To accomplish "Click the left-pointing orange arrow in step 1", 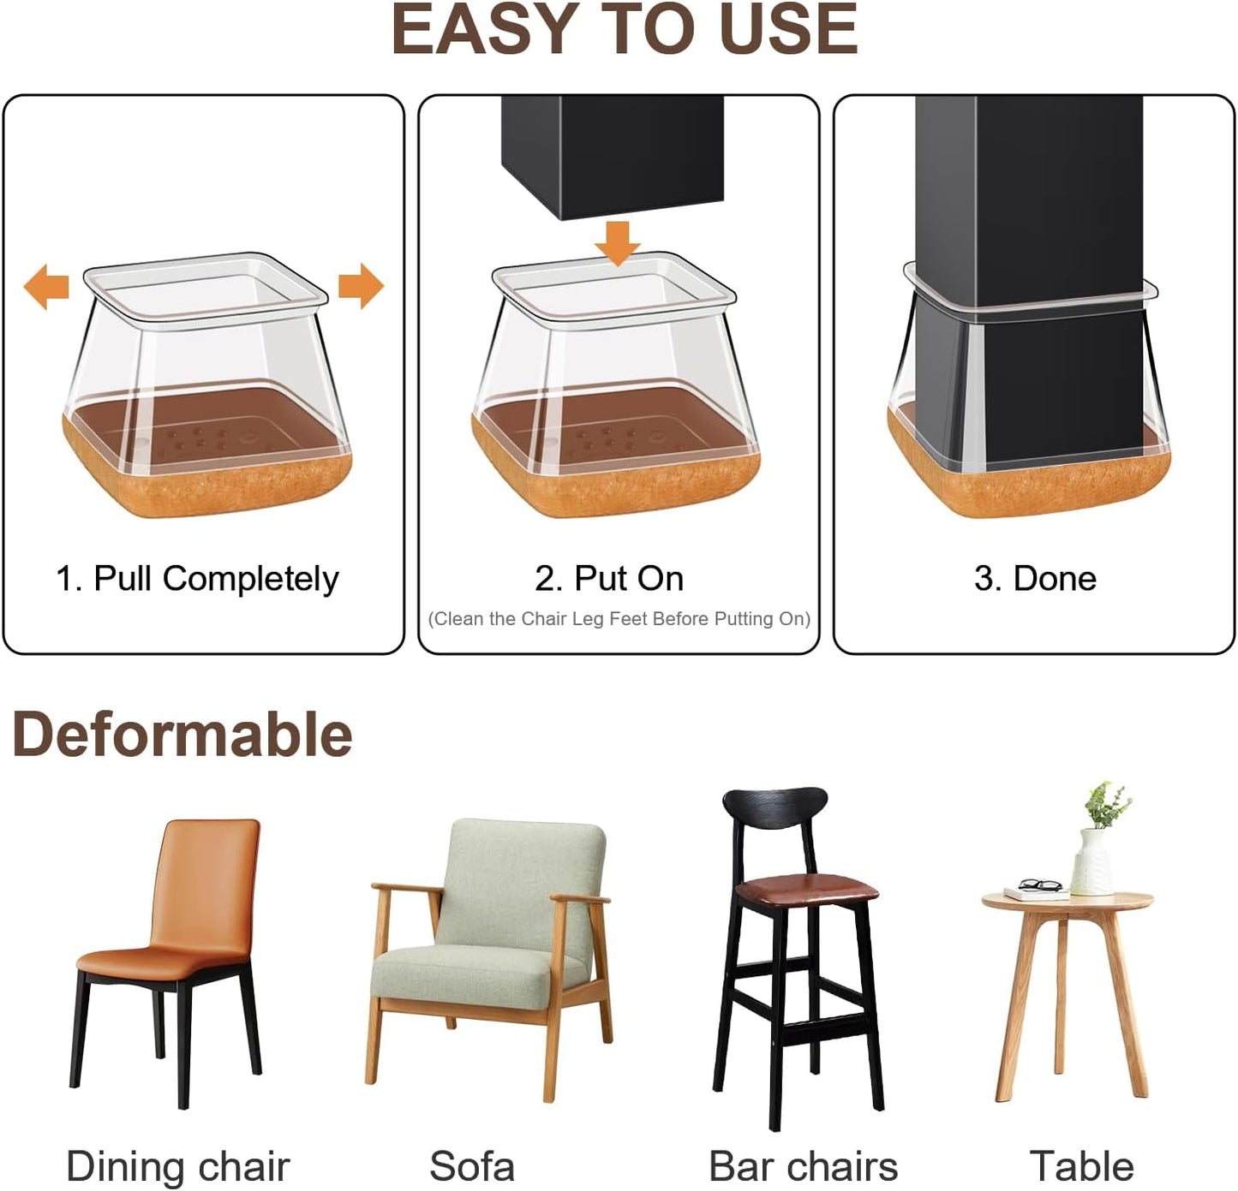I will coord(45,286).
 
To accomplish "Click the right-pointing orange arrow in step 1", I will coord(361,286).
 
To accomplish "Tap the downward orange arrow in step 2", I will coord(618,242).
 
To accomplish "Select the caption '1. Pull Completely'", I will coord(197,579).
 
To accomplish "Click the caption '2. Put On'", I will coord(609,579).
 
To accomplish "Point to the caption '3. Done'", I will coord(1035,579).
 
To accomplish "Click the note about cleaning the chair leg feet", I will coord(619,619).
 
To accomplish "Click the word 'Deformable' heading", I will coord(182,735).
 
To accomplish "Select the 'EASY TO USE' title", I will coord(624,30).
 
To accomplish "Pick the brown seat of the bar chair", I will coord(806,890).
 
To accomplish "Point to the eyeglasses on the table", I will coord(1041,884).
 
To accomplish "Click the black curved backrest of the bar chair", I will coord(774,809).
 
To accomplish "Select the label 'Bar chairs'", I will coord(803,1166).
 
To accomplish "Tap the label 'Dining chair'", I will coord(178,1166).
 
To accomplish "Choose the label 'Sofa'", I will coord(472,1166).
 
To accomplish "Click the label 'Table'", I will coord(1082,1166).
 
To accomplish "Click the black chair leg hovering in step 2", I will coord(612,154).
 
